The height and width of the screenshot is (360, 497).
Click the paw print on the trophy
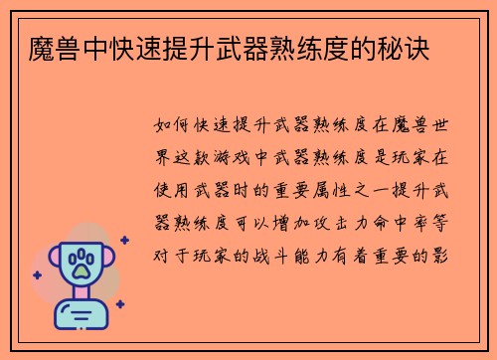pos(81,263)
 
